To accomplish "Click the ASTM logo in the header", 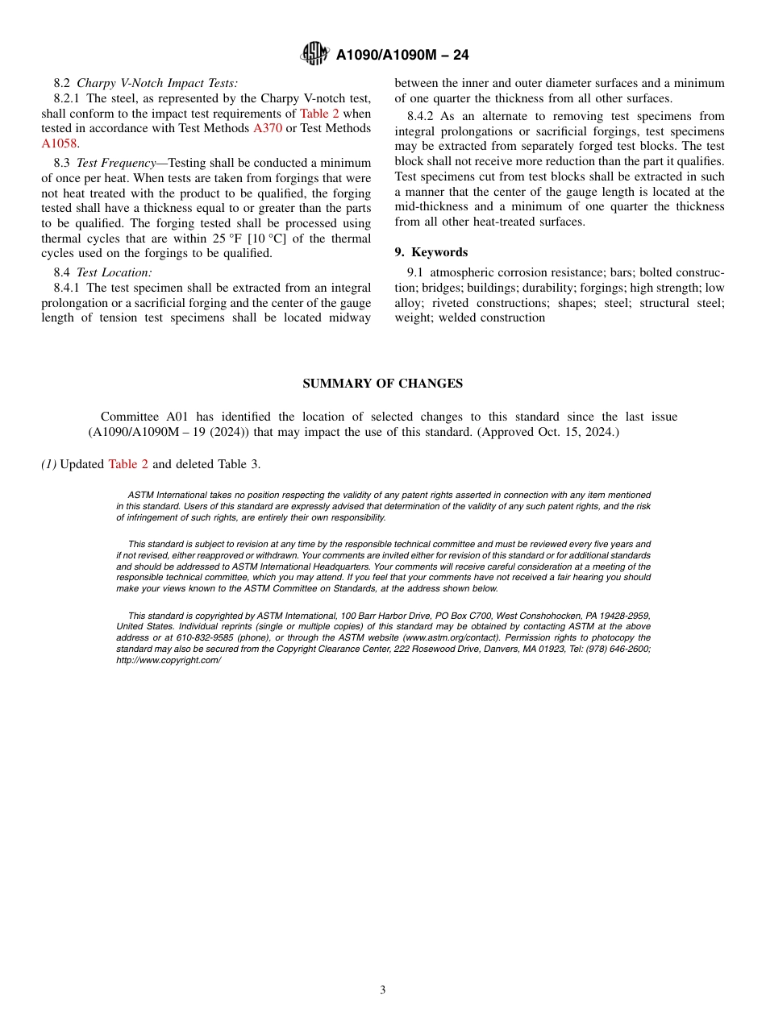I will (x=314, y=54).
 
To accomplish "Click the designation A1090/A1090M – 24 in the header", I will (x=402, y=55).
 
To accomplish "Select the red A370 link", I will (x=268, y=128).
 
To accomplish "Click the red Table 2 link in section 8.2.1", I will (x=319, y=114).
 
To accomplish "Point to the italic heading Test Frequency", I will (x=116, y=163).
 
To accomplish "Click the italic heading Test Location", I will (x=114, y=272).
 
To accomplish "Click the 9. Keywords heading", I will (x=431, y=252).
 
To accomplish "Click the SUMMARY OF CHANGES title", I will (x=383, y=384).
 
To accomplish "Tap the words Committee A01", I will (x=134, y=417).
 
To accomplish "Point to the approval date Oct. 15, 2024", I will (x=574, y=432).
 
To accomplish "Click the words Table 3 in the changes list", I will (x=239, y=464).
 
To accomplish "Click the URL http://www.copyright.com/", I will (x=169, y=660).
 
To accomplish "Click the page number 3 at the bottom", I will (x=383, y=990).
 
